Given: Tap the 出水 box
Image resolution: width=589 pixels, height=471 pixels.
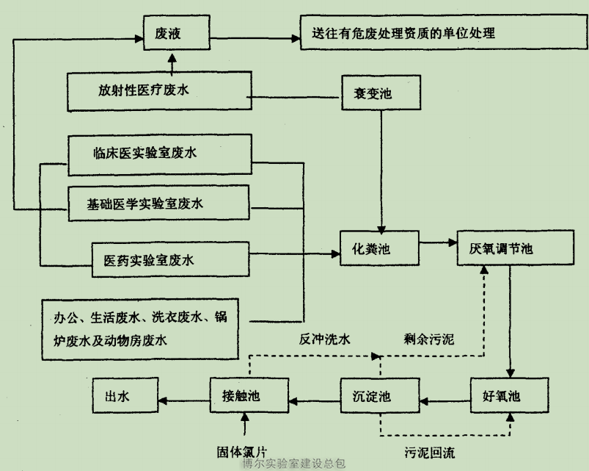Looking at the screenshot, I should click(x=122, y=398).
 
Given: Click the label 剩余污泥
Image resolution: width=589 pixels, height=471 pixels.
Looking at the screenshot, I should click(x=429, y=339).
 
